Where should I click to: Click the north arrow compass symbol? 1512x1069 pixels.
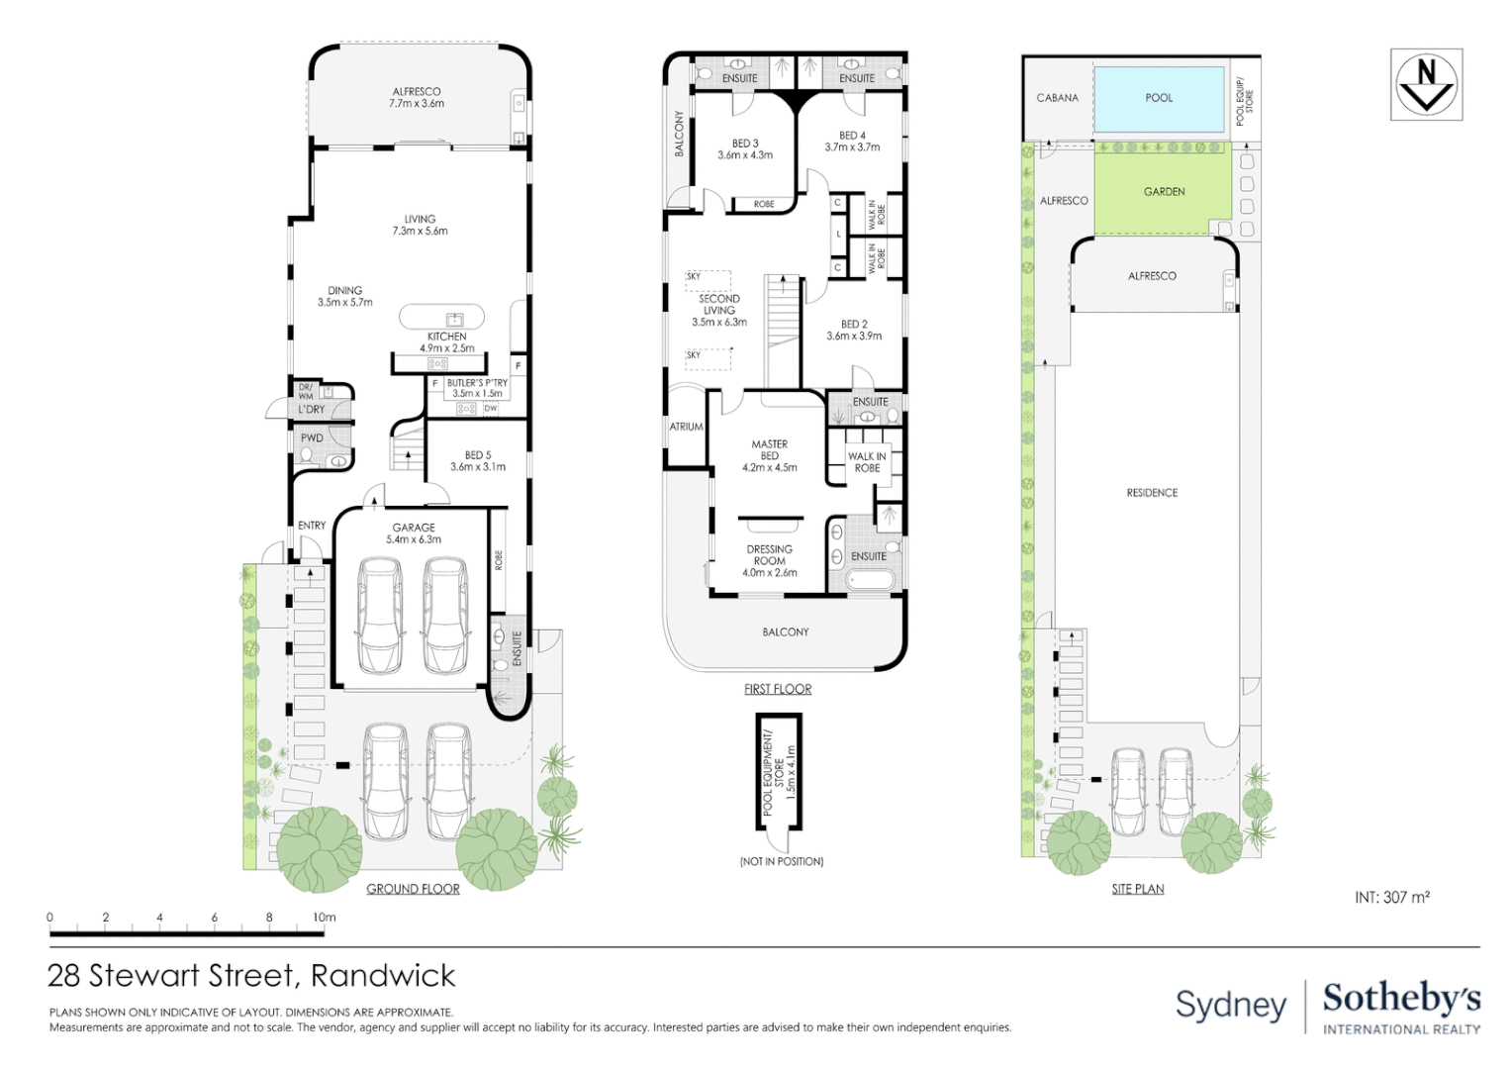tap(1426, 85)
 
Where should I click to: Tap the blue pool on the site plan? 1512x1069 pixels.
tap(1159, 99)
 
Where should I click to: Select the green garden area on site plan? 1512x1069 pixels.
tap(1164, 191)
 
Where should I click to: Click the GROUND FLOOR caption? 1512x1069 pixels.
tap(413, 889)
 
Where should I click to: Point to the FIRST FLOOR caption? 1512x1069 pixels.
tap(778, 689)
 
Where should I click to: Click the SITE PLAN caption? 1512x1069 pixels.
tap(1137, 889)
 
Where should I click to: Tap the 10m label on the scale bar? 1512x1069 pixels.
tap(325, 918)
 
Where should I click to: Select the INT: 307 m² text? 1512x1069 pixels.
tap(1391, 897)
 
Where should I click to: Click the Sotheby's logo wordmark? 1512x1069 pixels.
tap(1401, 999)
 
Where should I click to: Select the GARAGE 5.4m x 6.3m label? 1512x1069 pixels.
tap(414, 534)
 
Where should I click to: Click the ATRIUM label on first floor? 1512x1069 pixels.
tap(686, 427)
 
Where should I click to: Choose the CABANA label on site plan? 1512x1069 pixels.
tap(1057, 98)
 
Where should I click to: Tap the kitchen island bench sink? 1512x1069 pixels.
tap(454, 319)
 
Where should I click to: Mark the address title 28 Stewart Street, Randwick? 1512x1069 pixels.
tap(251, 976)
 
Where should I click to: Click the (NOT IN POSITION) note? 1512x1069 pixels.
tap(782, 861)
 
